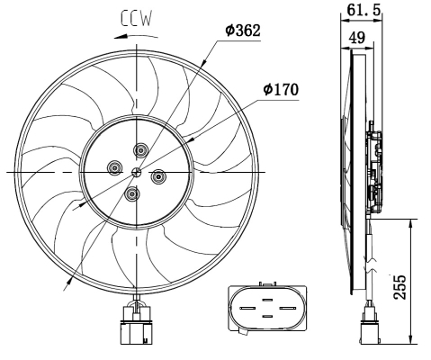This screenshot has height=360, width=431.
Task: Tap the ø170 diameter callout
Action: coord(281,90)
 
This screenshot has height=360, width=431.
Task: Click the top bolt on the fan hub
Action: coord(139,149)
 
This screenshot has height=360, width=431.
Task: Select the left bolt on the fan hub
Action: coord(114,166)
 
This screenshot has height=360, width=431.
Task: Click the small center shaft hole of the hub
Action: coord(135,171)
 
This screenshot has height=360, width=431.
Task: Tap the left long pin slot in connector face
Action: coord(249,308)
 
